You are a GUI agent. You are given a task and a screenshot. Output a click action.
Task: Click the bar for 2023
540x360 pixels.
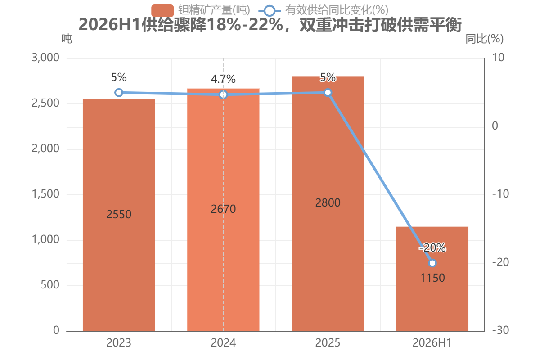click(x=119, y=215)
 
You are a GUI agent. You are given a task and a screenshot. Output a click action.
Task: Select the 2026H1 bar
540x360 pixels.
click(x=432, y=279)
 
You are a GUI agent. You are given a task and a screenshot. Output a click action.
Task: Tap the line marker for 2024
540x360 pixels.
click(x=224, y=95)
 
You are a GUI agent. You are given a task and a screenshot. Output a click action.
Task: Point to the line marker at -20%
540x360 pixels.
click(x=432, y=263)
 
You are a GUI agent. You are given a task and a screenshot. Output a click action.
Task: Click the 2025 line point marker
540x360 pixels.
click(x=328, y=93)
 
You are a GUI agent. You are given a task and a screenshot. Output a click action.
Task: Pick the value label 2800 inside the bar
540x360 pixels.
click(x=328, y=203)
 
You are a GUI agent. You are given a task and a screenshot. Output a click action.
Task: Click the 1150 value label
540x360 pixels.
click(x=432, y=278)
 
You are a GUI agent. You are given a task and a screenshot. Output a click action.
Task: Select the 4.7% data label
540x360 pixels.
click(x=223, y=79)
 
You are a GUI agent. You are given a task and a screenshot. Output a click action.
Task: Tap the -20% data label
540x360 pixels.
click(x=432, y=247)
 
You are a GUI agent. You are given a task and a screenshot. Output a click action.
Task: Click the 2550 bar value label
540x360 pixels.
click(x=119, y=214)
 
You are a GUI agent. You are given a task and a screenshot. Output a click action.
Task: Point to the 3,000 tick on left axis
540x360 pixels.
click(x=45, y=58)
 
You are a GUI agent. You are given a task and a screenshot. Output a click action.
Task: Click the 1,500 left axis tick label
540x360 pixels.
click(x=45, y=194)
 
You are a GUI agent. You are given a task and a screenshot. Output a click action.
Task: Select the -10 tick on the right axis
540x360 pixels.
click(x=500, y=194)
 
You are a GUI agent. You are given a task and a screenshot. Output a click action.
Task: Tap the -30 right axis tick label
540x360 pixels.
click(x=500, y=330)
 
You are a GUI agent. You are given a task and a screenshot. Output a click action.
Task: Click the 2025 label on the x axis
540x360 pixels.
click(x=328, y=342)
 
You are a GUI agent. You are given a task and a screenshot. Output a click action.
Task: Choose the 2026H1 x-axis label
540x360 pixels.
click(x=432, y=342)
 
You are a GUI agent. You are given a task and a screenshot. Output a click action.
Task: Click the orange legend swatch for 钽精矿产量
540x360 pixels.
click(x=162, y=11)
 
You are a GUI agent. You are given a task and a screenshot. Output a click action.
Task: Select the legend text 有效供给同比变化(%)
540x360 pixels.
click(x=337, y=10)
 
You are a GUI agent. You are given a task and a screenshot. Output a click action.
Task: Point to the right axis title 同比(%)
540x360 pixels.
click(x=485, y=39)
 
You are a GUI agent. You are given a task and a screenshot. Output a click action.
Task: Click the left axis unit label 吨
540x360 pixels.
click(x=67, y=39)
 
